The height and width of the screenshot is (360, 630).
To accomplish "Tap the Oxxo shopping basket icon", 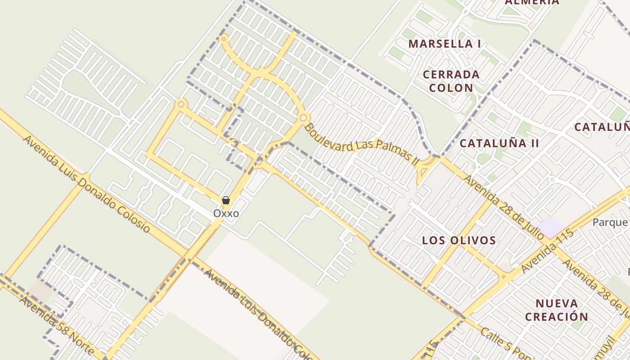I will (x=226, y=200).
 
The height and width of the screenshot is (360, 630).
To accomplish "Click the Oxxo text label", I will (x=226, y=213).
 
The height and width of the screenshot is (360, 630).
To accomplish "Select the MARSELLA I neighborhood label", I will (x=445, y=44).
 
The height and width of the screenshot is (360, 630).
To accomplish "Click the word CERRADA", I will (x=451, y=74).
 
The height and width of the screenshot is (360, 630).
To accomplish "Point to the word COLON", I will (x=451, y=88).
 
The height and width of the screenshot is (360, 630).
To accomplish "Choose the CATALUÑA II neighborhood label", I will (x=499, y=144).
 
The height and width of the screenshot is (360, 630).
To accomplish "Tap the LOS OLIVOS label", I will (x=459, y=240).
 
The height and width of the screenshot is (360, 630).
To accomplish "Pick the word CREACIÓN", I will (x=557, y=316).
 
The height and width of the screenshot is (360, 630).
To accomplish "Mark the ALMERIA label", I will (x=532, y=2).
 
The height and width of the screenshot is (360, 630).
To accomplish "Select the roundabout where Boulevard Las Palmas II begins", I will (x=303, y=118).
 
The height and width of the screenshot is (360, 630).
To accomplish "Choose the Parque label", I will (x=610, y=222).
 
